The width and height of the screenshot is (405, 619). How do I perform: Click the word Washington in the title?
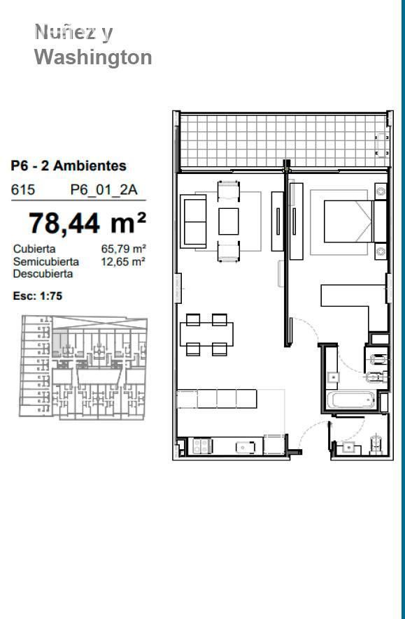point(93,57)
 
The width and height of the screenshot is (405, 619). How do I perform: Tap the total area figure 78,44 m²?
point(87,223)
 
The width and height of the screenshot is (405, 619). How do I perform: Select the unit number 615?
point(23,190)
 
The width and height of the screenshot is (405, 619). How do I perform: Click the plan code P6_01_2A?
point(104,190)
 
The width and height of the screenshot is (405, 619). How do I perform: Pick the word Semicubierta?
point(46,261)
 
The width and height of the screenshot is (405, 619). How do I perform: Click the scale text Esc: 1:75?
point(38,296)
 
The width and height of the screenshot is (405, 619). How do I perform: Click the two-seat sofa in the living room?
point(193,221)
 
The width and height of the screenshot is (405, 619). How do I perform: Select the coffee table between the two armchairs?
point(228,221)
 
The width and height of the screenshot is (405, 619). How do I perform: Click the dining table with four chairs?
point(206,335)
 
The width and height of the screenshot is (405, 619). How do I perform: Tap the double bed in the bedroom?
point(348,221)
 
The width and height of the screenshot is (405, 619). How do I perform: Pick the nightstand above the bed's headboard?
point(381,191)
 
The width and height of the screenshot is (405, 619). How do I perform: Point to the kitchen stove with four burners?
point(201,446)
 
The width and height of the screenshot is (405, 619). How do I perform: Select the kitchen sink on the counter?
point(246,447)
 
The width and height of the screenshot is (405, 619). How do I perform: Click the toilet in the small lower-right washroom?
point(376,444)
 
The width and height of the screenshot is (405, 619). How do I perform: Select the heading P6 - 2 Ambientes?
point(69,166)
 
